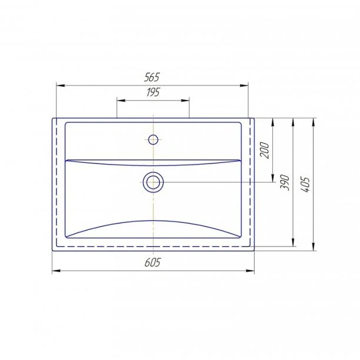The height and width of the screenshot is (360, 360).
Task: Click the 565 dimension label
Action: pos(152,78)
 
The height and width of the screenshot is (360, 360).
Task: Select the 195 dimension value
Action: pos(153,92)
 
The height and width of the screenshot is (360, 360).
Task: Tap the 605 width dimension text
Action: pos(153,262)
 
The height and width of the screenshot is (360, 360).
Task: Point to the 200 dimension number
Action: pos(265,150)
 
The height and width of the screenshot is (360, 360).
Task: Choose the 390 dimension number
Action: pos(285,182)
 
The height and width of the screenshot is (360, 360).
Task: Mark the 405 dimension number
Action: pos(305,184)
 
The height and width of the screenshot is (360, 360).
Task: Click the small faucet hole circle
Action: pos(153,139)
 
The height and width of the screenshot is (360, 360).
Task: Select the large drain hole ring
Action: pos(153,182)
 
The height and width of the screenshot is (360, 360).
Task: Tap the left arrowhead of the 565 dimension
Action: pos(61,86)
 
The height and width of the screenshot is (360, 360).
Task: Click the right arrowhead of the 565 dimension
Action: pos(244,86)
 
